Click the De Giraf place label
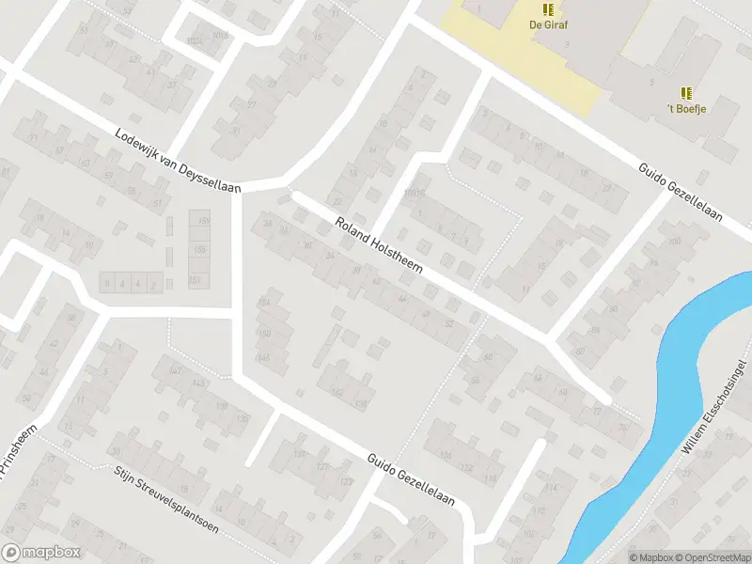tap(548, 25)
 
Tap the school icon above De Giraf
tap(548, 8)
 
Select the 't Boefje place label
tap(687, 108)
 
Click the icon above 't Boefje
tap(687, 92)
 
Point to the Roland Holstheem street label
tap(379, 246)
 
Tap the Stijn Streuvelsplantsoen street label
tap(165, 499)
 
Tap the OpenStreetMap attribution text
tap(713, 557)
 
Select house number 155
tap(199, 250)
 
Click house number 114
tap(552, 486)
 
